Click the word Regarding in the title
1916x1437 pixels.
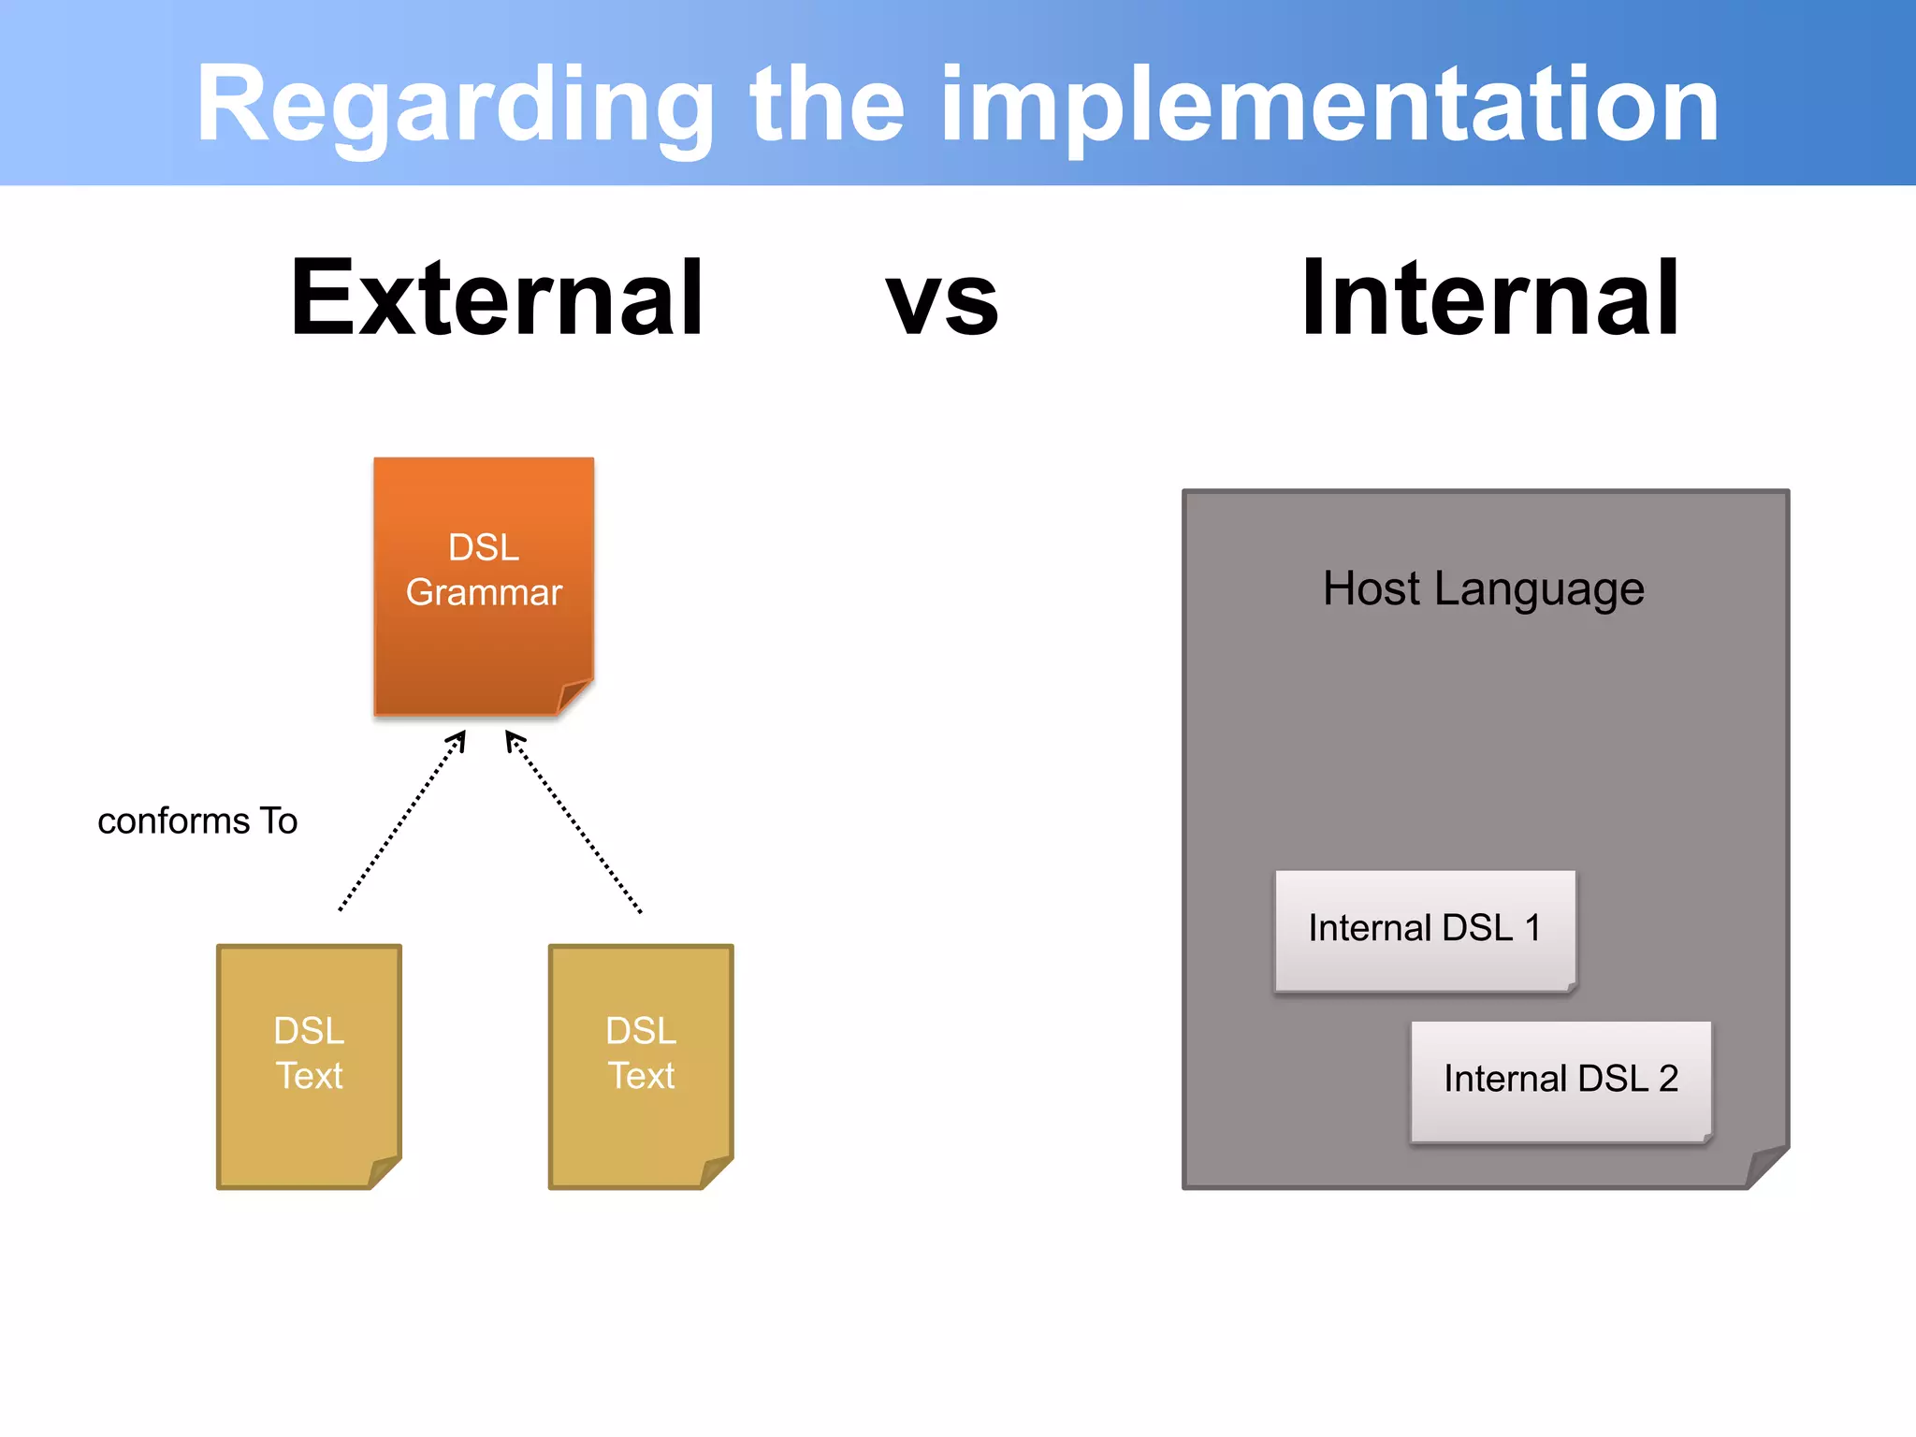pyautogui.click(x=455, y=105)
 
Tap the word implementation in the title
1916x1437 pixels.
pyautogui.click(x=1328, y=105)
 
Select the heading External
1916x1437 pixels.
pyautogui.click(x=497, y=298)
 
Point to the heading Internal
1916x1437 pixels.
pyautogui.click(x=1490, y=298)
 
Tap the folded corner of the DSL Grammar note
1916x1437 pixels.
pyautogui.click(x=573, y=697)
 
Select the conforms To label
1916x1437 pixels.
pyautogui.click(x=197, y=821)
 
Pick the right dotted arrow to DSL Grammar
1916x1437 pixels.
pyautogui.click(x=574, y=821)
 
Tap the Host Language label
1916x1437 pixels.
pyautogui.click(x=1483, y=589)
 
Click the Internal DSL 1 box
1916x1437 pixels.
pyautogui.click(x=1424, y=929)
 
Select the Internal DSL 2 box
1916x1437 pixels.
pyautogui.click(x=1560, y=1080)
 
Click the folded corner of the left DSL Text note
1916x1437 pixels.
pyautogui.click(x=384, y=1172)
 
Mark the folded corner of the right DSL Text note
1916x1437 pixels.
pyautogui.click(x=716, y=1172)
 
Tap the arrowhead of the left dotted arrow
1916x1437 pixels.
pyautogui.click(x=458, y=739)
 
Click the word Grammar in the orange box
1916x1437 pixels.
pyautogui.click(x=484, y=593)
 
